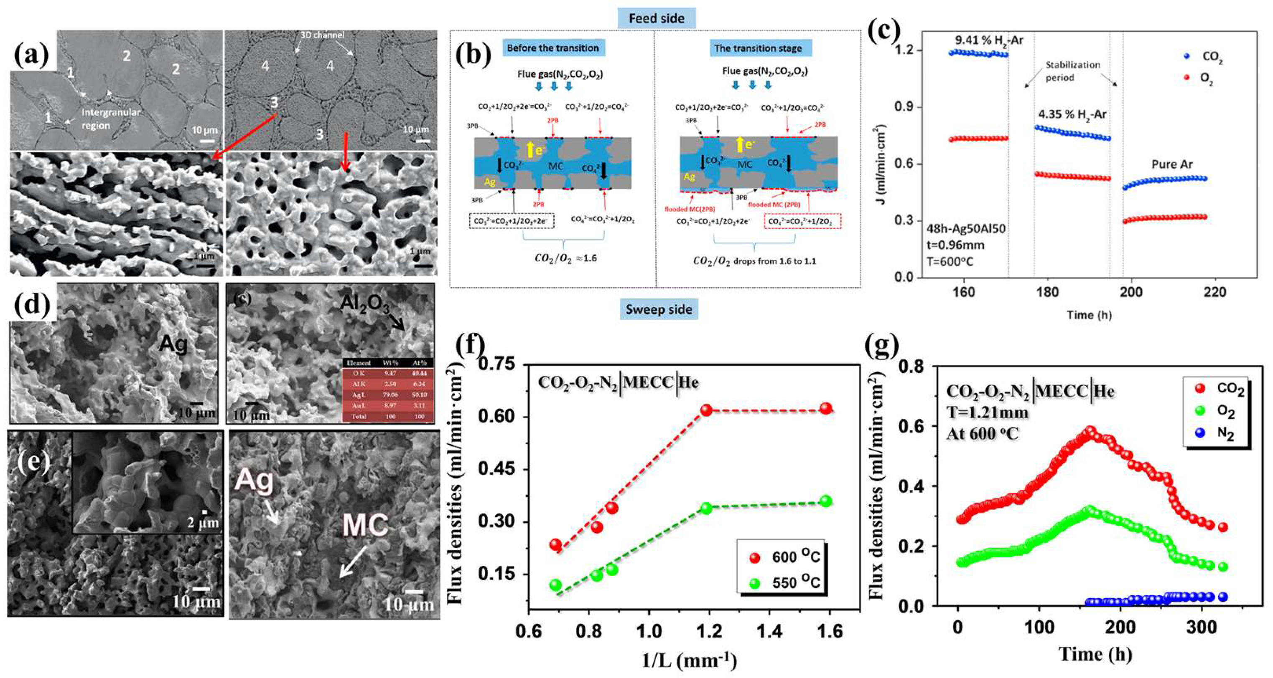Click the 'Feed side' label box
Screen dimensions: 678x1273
click(656, 19)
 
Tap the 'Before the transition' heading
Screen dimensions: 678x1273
click(552, 48)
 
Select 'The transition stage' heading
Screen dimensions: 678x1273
click(758, 48)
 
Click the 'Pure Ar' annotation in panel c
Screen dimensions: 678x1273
click(1172, 164)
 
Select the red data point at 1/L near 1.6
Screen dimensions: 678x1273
click(826, 408)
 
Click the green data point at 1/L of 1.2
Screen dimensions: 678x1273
click(706, 508)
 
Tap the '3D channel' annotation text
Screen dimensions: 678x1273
click(322, 35)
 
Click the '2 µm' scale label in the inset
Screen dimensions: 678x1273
click(203, 522)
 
